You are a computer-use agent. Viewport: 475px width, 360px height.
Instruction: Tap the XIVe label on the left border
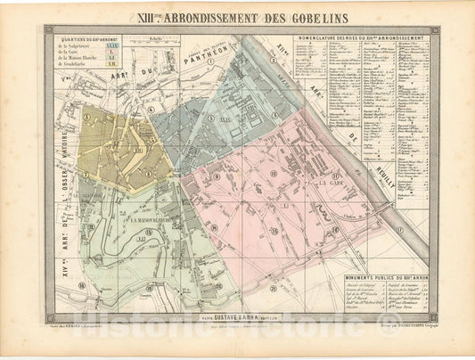click(x=63, y=258)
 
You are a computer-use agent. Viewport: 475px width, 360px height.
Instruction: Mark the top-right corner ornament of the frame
click(x=435, y=30)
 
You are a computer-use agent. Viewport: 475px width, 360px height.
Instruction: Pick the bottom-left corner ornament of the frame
click(x=50, y=316)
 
